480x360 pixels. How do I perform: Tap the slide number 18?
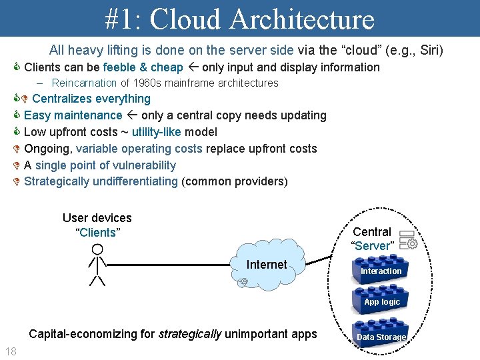click(11, 351)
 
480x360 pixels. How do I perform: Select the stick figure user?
click(97, 265)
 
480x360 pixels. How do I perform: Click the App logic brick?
click(381, 301)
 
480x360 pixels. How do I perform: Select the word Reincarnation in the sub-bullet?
click(85, 83)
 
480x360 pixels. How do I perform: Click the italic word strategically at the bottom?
click(190, 334)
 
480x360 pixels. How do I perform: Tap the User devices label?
click(97, 218)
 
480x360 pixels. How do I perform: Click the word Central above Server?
click(372, 232)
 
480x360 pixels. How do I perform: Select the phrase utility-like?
click(156, 132)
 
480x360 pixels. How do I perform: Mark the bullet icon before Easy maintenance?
click(17, 115)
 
